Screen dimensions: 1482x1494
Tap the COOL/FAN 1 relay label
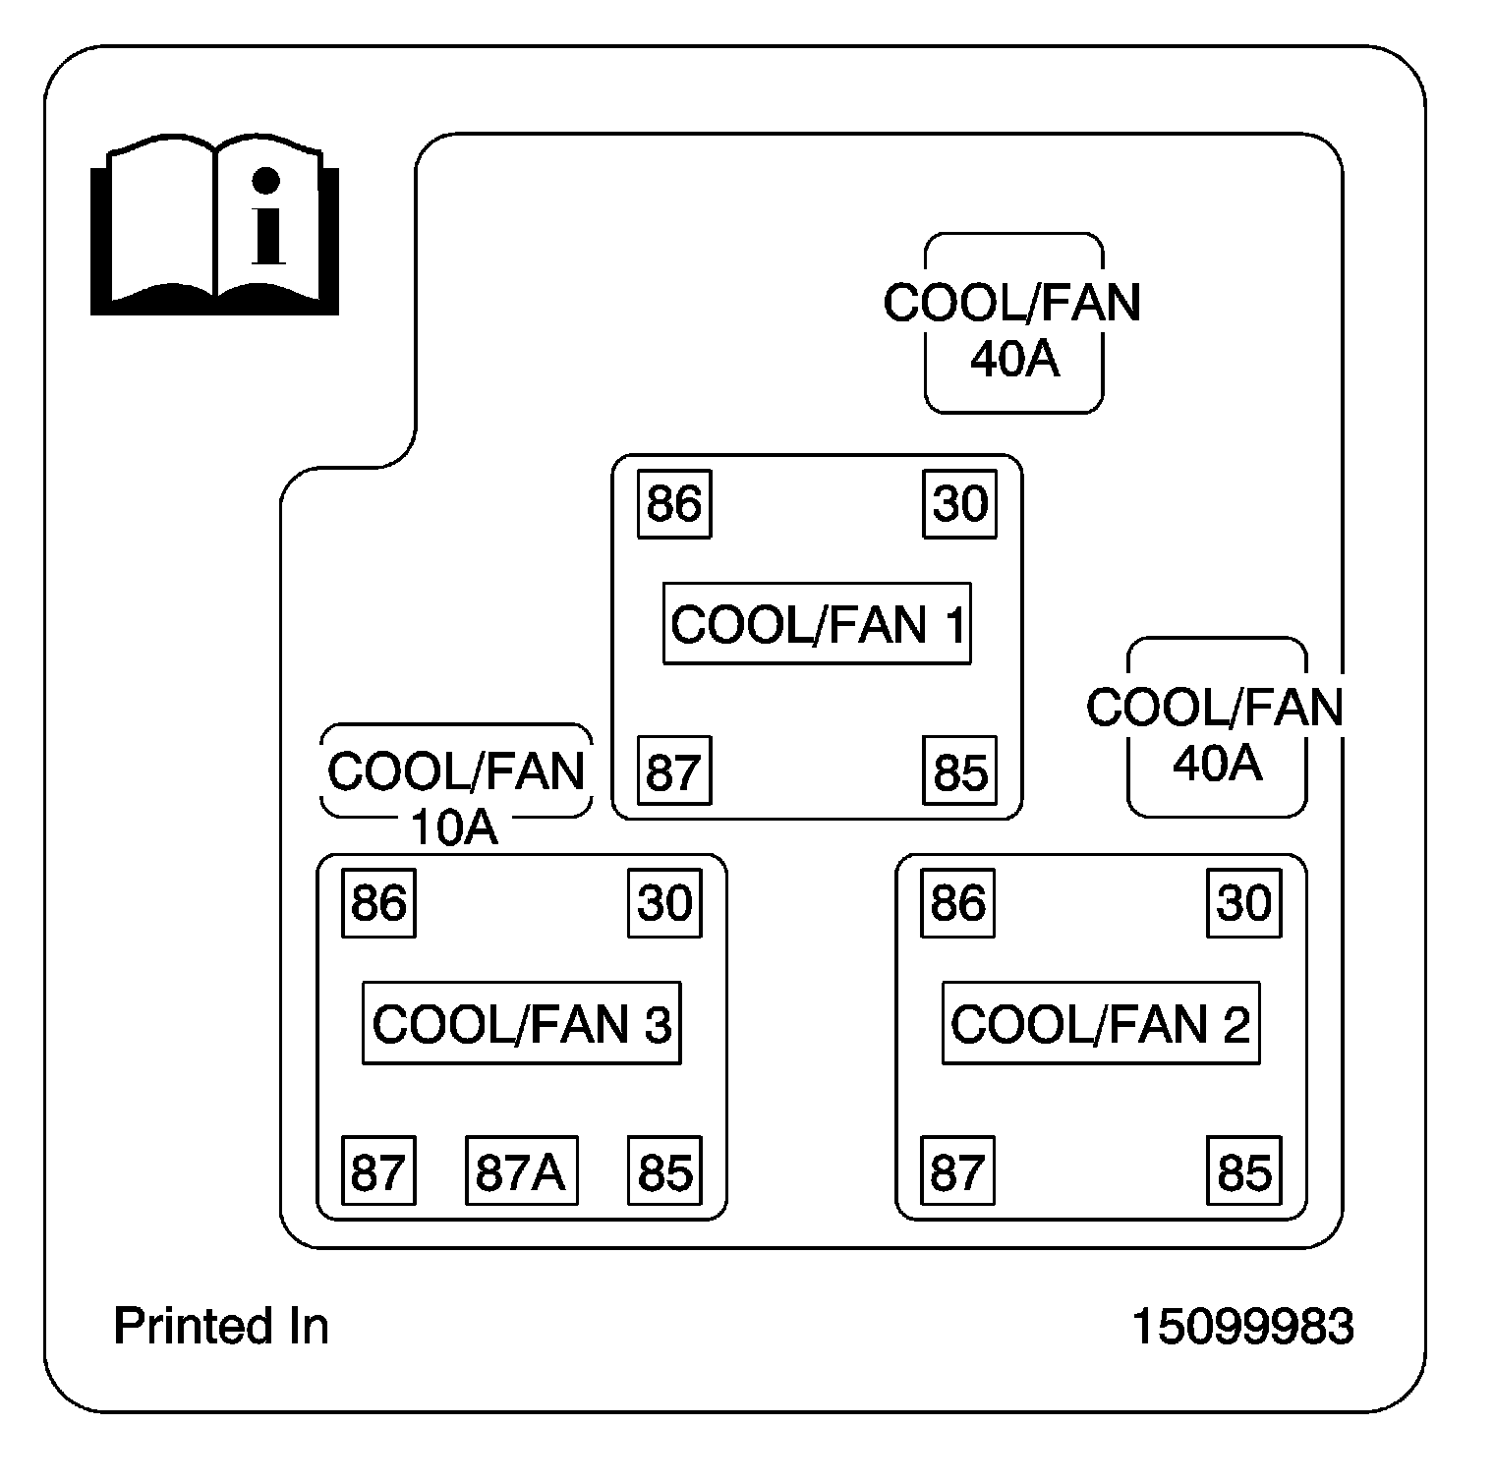coord(817,624)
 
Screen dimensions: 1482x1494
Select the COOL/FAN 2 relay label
coord(1101,1023)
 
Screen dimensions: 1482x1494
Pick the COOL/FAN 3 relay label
coord(522,1023)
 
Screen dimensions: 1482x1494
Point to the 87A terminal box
coord(521,1170)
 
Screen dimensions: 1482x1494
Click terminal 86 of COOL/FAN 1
coord(674,504)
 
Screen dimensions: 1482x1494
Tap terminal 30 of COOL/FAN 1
coord(960,504)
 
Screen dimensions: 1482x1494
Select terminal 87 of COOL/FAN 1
coord(674,770)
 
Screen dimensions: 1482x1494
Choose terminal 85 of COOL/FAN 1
coord(960,770)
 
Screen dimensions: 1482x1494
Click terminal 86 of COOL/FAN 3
coord(379,902)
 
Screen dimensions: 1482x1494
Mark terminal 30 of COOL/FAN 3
coord(665,902)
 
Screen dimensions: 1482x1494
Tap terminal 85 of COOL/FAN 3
coord(665,1170)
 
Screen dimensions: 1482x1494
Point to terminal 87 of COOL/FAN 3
coord(379,1170)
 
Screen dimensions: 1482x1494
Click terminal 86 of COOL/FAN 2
coord(958,902)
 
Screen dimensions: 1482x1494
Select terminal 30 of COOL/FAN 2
coord(1244,902)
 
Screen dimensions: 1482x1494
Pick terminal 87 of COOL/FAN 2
coord(958,1170)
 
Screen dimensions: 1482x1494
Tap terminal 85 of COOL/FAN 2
coord(1244,1170)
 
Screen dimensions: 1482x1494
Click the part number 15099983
coord(1243,1326)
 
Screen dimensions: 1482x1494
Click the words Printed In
coord(221,1326)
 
